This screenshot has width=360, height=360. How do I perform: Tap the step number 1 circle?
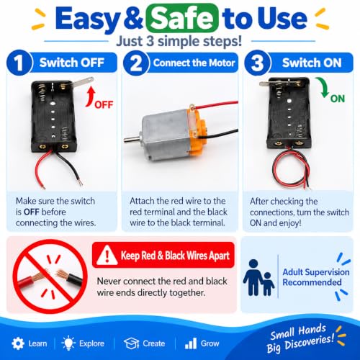19,63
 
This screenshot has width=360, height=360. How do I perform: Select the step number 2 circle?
136,63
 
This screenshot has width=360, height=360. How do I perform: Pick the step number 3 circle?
258,63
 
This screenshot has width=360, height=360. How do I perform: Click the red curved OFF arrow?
90,97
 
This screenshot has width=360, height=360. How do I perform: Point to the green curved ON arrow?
323,87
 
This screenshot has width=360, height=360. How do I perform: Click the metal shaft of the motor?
132,140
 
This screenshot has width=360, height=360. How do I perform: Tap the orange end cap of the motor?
197,130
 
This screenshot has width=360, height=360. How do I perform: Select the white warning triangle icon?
107,256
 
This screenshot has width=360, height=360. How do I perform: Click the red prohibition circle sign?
50,276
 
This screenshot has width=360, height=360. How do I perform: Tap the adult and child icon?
258,277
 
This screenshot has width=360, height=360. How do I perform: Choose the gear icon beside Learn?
18,343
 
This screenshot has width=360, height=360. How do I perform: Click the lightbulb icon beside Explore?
68,343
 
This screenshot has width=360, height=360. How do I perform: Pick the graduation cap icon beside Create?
132,343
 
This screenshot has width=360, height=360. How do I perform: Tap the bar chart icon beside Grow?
191,343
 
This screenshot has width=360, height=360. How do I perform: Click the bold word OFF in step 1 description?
31,212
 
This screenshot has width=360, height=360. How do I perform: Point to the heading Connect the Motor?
194,63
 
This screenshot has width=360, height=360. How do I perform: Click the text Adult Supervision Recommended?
316,277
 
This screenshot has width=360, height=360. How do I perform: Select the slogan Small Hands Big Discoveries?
300,338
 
